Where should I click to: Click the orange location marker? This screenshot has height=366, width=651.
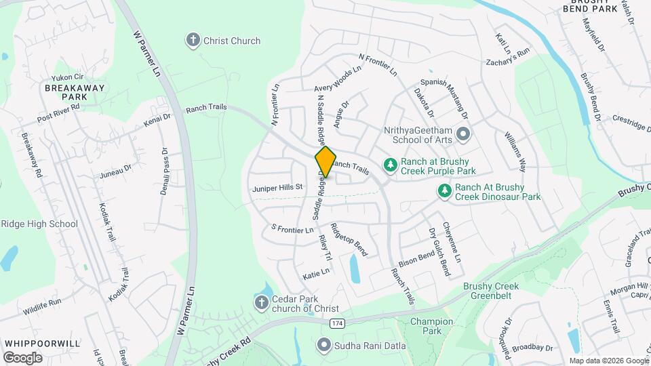point(325,161)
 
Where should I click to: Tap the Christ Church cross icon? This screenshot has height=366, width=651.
point(193,41)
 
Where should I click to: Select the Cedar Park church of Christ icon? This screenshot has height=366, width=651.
point(261,302)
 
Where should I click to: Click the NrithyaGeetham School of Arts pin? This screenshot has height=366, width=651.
point(464,134)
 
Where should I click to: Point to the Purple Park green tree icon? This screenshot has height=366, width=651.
point(390,164)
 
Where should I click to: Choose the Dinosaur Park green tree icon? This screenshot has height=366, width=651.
point(444,192)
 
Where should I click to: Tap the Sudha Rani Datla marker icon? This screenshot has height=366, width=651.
point(323,346)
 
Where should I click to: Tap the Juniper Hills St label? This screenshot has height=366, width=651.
point(277,187)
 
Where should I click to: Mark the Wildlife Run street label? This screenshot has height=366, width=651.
point(41,301)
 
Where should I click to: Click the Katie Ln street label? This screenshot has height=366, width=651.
point(316,272)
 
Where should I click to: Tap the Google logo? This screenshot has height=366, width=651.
point(22,357)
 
